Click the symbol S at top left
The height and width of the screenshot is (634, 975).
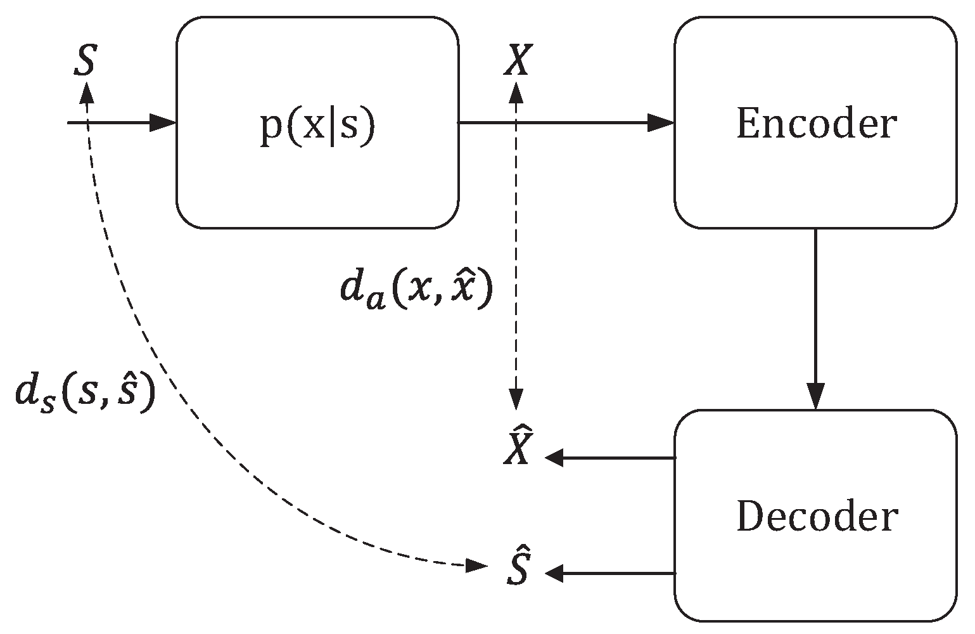pos(84,61)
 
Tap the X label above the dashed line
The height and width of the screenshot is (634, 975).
pos(516,61)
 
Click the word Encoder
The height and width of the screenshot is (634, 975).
pos(816,124)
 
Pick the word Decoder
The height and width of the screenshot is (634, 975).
pos(817,517)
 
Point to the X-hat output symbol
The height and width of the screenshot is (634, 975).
pos(517,449)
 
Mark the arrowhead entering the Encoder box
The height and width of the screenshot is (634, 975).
pos(660,122)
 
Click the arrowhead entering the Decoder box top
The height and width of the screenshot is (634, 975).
pos(816,397)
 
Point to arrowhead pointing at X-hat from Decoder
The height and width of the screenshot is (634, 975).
pos(555,457)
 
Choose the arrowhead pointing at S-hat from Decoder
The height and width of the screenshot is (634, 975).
pos(555,574)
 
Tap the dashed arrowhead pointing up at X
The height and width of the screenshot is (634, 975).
pos(516,93)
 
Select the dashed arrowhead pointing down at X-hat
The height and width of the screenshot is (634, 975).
pos(516,399)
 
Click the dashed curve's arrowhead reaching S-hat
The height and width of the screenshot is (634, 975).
pos(476,564)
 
